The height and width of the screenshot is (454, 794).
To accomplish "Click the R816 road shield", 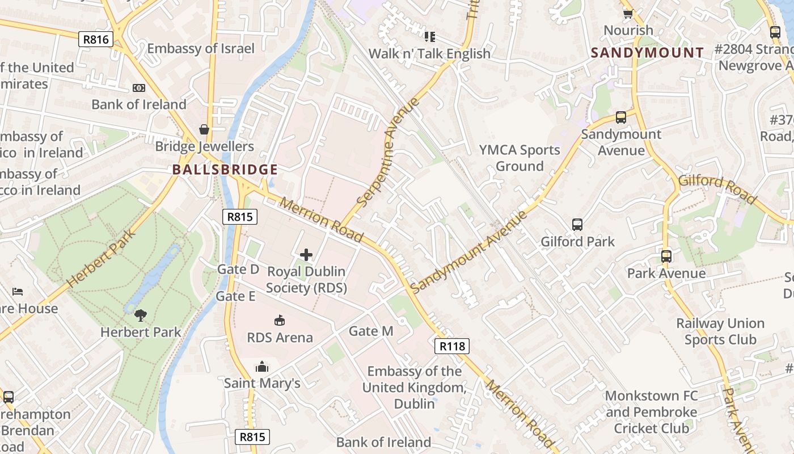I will [x=95, y=39].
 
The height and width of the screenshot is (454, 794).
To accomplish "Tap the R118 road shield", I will [x=452, y=346].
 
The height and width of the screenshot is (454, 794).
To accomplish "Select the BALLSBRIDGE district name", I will [x=225, y=170].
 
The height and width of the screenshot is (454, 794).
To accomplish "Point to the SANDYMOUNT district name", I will [x=647, y=53].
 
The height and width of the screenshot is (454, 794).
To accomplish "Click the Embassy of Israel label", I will [x=201, y=48].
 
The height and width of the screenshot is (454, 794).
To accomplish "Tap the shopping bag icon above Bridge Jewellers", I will [x=204, y=130].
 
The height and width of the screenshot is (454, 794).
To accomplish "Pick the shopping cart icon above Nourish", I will [x=628, y=14].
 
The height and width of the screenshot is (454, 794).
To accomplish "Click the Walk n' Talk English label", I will [x=429, y=53].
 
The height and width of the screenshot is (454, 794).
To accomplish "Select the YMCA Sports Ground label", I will [x=520, y=158].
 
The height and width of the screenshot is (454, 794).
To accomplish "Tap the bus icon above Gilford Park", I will [x=577, y=225].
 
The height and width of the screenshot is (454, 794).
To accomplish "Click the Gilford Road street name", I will [x=717, y=189].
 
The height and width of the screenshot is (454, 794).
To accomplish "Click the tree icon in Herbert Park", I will [x=141, y=316].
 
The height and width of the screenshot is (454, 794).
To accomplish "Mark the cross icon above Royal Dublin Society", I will [x=306, y=255].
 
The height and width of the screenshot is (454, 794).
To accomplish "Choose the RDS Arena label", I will [x=280, y=338].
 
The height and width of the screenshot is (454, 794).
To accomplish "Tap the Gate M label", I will [x=371, y=331].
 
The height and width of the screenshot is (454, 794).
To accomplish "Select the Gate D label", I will [x=238, y=269].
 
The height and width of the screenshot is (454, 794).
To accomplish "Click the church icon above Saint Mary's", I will [x=262, y=367].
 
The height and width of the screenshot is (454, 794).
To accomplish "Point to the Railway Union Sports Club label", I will [x=720, y=331].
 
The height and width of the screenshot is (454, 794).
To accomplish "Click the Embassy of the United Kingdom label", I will [x=415, y=387].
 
